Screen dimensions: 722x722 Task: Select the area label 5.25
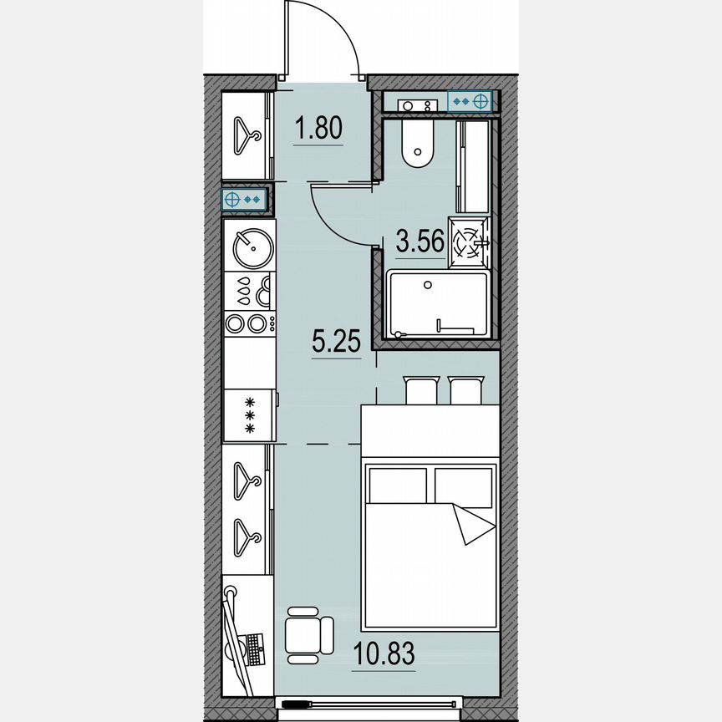pos(336,342)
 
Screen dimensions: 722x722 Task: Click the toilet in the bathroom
pos(417,145)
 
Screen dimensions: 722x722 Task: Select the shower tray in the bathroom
pos(437,304)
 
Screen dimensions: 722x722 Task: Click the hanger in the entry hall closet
pos(246,135)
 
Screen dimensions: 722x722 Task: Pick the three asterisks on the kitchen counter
pos(248,415)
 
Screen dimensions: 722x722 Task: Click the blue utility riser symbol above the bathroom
pos(470,101)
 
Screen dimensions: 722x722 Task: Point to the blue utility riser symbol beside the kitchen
pos(244,200)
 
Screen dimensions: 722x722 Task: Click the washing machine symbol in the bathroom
pos(468,242)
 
